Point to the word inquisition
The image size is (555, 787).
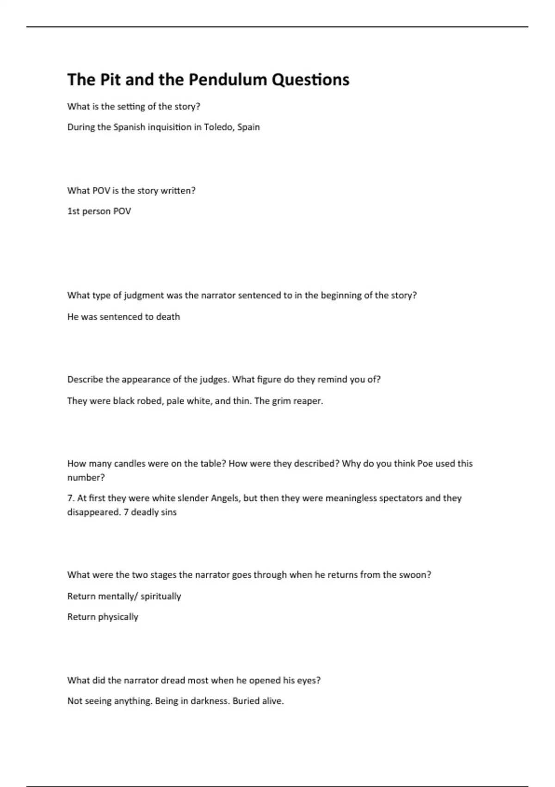pos(169,127)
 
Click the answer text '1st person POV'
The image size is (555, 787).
pos(99,211)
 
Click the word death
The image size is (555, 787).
pos(168,317)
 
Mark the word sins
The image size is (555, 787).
pos(168,512)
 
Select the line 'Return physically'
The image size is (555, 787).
pos(103,617)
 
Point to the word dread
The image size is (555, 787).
pos(173,680)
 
